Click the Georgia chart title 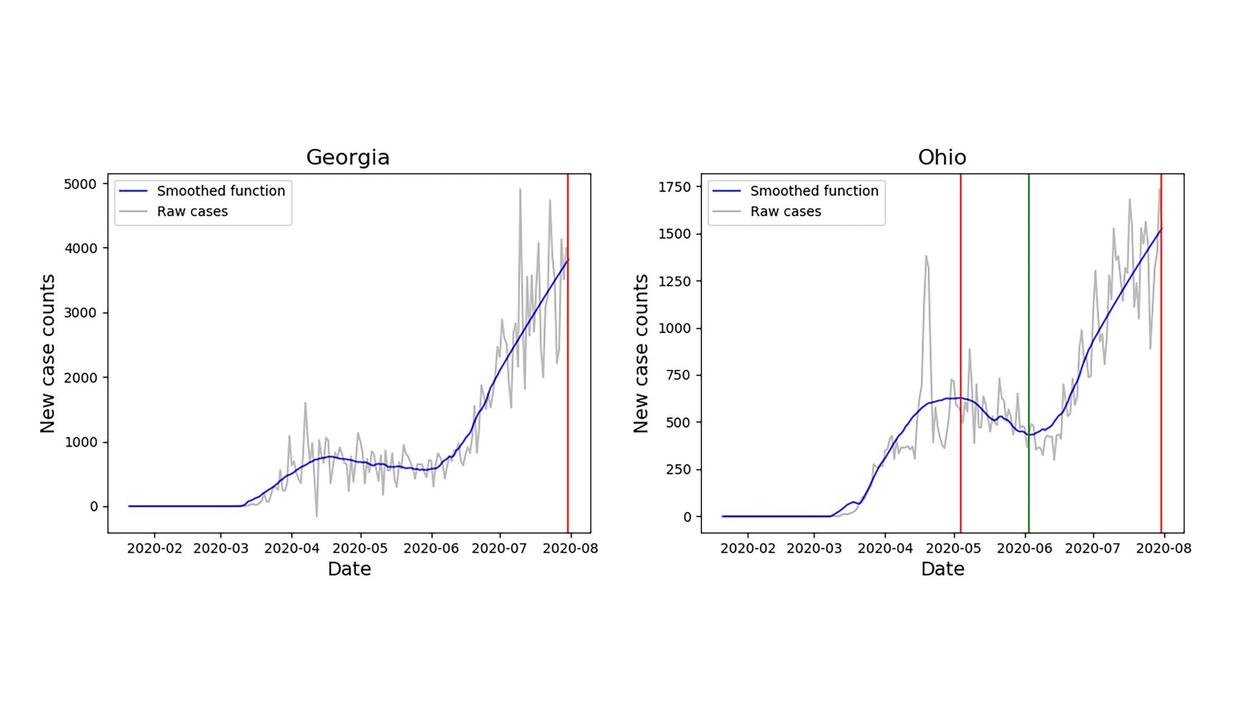pyautogui.click(x=347, y=157)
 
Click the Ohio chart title pyautogui.click(x=941, y=157)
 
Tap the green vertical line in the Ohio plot pyautogui.click(x=1029, y=341)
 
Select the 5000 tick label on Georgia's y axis pyautogui.click(x=80, y=184)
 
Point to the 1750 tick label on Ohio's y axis pyautogui.click(x=674, y=187)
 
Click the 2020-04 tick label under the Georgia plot pyautogui.click(x=291, y=548)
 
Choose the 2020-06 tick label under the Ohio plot pyautogui.click(x=1024, y=548)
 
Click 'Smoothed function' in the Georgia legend pyautogui.click(x=221, y=191)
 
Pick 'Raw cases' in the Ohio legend pyautogui.click(x=785, y=212)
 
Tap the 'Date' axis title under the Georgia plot pyautogui.click(x=349, y=569)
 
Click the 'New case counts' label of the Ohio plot pyautogui.click(x=641, y=354)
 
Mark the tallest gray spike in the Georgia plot pyautogui.click(x=520, y=190)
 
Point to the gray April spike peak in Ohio pyautogui.click(x=926, y=256)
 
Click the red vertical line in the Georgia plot pyautogui.click(x=568, y=365)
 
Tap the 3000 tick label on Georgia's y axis pyautogui.click(x=80, y=313)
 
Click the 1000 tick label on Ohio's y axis pyautogui.click(x=674, y=328)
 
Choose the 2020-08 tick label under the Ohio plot pyautogui.click(x=1163, y=548)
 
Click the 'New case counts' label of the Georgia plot pyautogui.click(x=47, y=354)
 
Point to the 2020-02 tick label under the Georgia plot pyautogui.click(x=155, y=548)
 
